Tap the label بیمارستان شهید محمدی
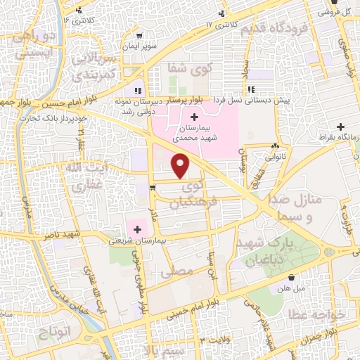click(x=194, y=135)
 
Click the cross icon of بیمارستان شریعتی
click(x=136, y=227)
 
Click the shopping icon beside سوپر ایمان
click(x=140, y=36)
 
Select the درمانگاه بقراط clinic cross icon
click(x=341, y=127)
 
